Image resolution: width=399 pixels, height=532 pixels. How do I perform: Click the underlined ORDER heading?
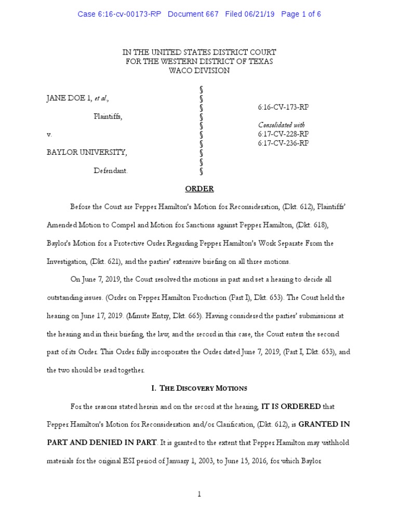coord(199,189)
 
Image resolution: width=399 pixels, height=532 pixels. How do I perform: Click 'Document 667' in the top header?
coord(193,14)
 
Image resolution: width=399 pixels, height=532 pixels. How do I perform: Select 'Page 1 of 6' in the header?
coord(301,14)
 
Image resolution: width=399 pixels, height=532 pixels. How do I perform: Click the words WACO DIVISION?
coord(199,70)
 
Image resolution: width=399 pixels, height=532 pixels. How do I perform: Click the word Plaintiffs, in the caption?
coord(108,116)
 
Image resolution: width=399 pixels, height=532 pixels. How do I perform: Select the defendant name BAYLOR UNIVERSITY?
coord(86,152)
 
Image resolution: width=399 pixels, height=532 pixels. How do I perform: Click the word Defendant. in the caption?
coord(110,170)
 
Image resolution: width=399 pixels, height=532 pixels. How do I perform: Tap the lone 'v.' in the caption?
coord(50,135)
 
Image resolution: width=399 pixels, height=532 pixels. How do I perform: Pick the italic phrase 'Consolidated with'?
coord(281,125)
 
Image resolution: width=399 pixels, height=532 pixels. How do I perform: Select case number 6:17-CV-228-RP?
coord(283,134)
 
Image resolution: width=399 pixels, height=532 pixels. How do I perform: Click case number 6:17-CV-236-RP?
coord(283,143)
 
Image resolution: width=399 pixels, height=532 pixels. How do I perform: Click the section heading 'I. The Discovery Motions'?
coord(199,388)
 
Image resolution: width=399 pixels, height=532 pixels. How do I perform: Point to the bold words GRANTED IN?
coord(323,424)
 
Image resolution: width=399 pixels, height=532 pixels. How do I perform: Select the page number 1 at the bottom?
coord(199,494)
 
